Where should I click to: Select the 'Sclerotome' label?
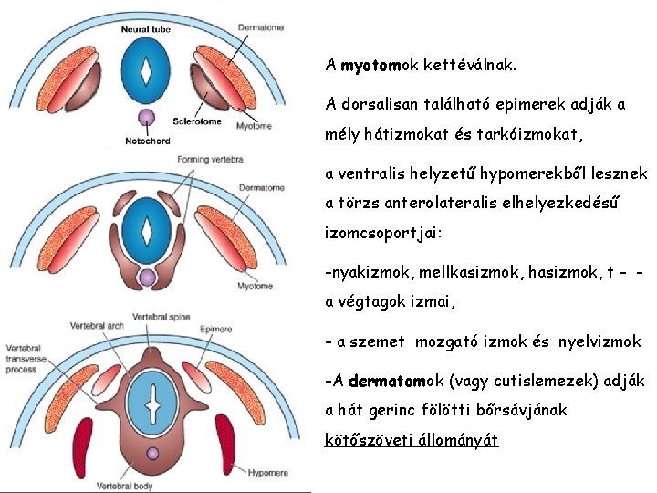tap(197, 121)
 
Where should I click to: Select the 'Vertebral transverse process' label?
tap(28, 362)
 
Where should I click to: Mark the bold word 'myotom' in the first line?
tap(370, 66)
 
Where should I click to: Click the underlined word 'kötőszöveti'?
tap(366, 440)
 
